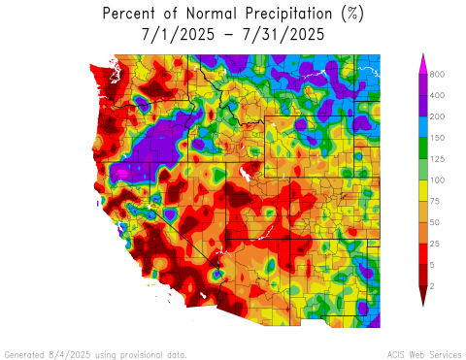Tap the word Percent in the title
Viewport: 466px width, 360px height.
[x=131, y=14]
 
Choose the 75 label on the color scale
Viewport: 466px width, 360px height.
[x=437, y=202]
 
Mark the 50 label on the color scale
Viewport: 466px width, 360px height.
[x=437, y=223]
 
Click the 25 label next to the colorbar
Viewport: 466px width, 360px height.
[x=437, y=245]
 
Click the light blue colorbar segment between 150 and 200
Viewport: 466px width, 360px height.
[x=423, y=127]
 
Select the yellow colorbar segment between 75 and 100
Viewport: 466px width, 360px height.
[x=423, y=191]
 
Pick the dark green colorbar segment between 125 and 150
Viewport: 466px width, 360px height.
[x=423, y=148]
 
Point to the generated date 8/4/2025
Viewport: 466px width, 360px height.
[x=65, y=353]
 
